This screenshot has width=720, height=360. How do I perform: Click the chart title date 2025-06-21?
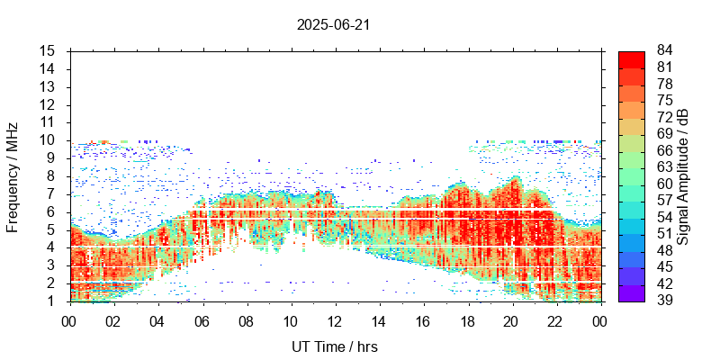(334, 25)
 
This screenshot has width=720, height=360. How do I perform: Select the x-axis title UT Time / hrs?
(334, 346)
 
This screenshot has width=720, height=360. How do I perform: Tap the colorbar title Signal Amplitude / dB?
(683, 175)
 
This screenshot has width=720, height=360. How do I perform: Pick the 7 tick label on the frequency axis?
(52, 194)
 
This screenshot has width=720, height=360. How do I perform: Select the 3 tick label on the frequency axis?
(52, 265)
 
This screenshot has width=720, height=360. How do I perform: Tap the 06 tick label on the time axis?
(202, 320)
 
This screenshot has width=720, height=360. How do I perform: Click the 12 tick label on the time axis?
(335, 320)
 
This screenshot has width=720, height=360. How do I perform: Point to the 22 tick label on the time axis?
(556, 320)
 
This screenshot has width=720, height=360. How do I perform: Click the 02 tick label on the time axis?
(113, 320)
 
